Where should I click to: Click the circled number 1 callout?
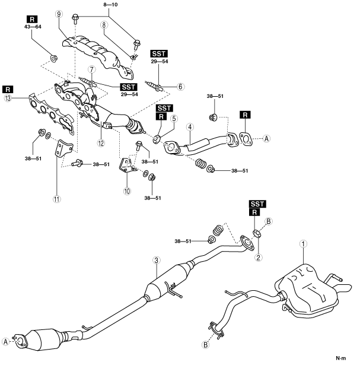pyautogui.click(x=303, y=243)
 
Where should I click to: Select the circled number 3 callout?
pyautogui.click(x=156, y=260)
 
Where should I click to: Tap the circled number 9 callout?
pyautogui.click(x=59, y=14)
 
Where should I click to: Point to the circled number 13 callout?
pyautogui.click(x=8, y=99)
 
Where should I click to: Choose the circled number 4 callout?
pyautogui.click(x=189, y=128)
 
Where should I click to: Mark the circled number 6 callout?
pyautogui.click(x=181, y=86)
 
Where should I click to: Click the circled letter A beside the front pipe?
pyautogui.click(x=267, y=138)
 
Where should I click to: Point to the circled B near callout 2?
pyautogui.click(x=268, y=221)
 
